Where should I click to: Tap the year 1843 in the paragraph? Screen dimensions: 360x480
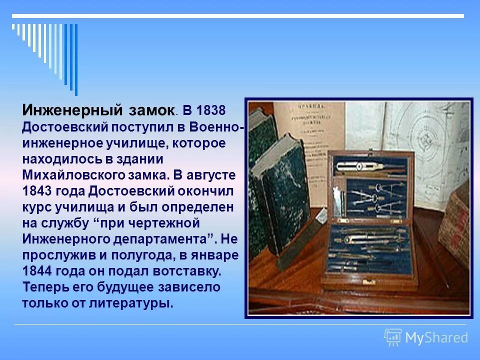[x=37, y=191]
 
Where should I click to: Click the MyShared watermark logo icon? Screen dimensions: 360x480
[x=393, y=337]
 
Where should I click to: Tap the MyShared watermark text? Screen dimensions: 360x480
[x=436, y=338]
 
